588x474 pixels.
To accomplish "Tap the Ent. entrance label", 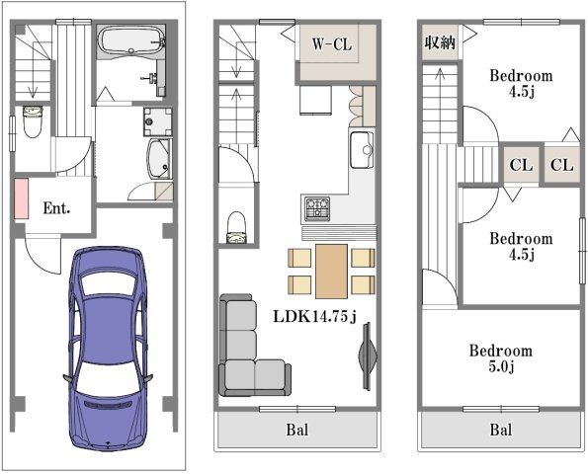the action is tap(56, 208).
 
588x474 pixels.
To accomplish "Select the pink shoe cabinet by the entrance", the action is tap(22, 198).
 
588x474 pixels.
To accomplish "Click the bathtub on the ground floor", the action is tap(131, 40).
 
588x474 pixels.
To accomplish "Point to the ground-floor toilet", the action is tap(33, 121).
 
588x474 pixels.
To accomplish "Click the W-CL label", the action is tap(332, 44).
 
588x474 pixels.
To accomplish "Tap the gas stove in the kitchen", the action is tap(317, 208).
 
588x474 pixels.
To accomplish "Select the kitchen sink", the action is tap(362, 150).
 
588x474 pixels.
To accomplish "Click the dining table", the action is tap(331, 272).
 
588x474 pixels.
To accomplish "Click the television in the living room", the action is tap(367, 355).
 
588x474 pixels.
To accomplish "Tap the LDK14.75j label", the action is tap(314, 317).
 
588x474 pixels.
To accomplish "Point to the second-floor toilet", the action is tap(236, 227).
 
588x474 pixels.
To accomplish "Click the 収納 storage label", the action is tap(440, 42).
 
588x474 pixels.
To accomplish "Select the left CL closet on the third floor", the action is tap(521, 165).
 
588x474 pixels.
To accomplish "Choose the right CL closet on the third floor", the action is tap(561, 165).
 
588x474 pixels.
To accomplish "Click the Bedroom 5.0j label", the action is tap(501, 358).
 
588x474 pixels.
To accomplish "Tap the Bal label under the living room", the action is tap(297, 430).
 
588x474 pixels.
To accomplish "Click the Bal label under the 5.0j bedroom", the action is tap(501, 430).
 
